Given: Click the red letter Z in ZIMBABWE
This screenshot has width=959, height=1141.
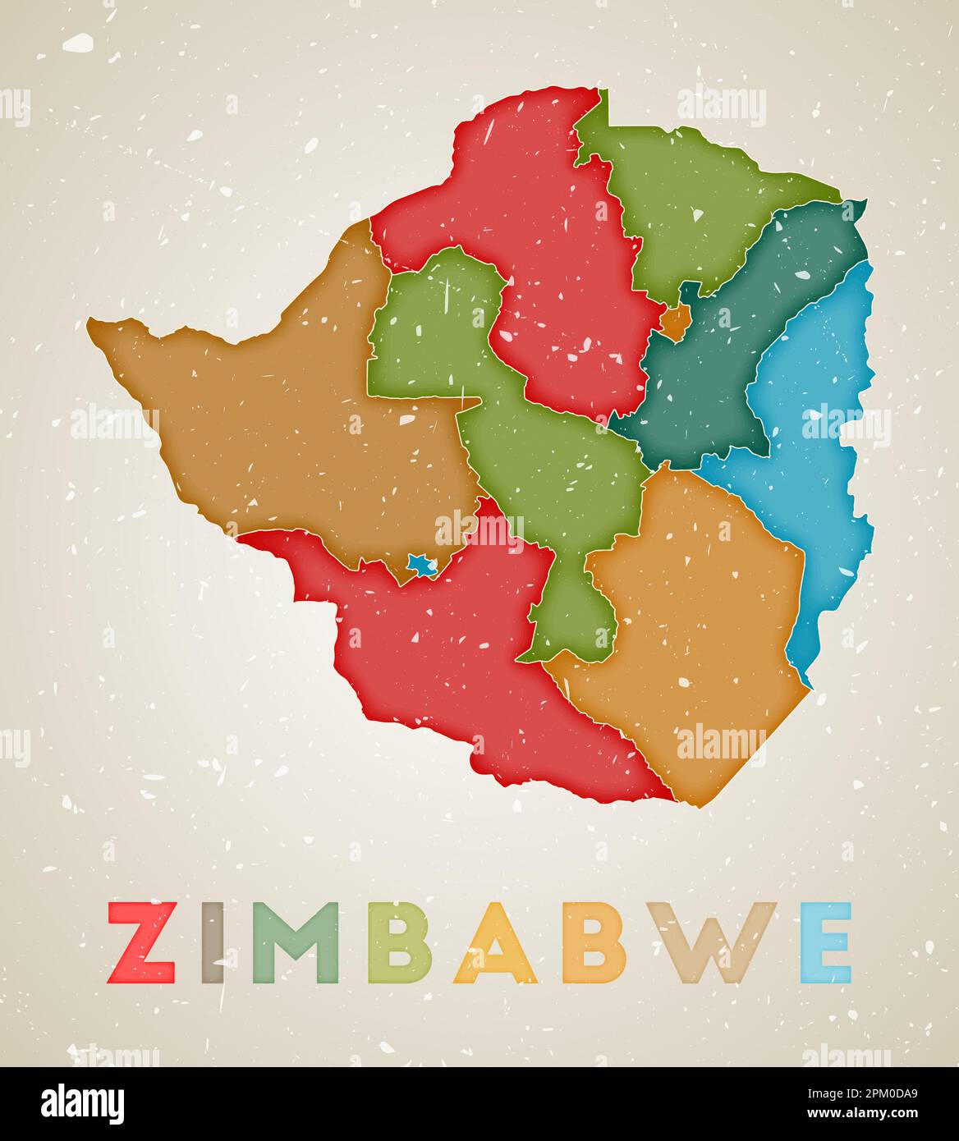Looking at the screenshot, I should (x=141, y=942).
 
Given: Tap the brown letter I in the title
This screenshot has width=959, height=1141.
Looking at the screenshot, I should (x=213, y=942).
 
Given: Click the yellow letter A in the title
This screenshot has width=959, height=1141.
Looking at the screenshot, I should (x=494, y=944).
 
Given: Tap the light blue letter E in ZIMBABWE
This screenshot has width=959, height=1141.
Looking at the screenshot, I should (x=825, y=942).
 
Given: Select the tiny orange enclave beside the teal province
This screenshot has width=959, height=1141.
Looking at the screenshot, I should (x=676, y=323).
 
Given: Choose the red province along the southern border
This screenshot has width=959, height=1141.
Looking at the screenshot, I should (x=460, y=657).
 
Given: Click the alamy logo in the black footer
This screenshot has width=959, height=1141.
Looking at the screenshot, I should (x=82, y=1102).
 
